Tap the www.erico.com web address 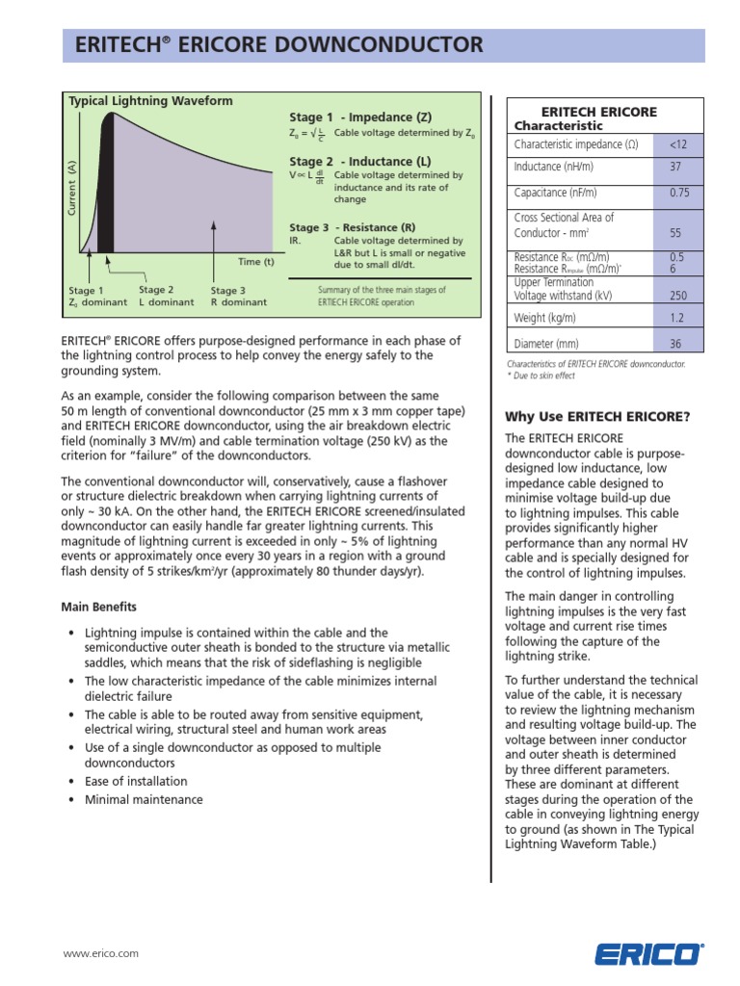click(x=100, y=953)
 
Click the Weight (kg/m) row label click(x=545, y=318)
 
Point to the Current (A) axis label click(x=72, y=188)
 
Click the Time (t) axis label click(x=256, y=262)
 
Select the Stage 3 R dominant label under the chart click(x=238, y=297)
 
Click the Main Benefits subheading click(x=99, y=607)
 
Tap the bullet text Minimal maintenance click(x=144, y=799)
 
